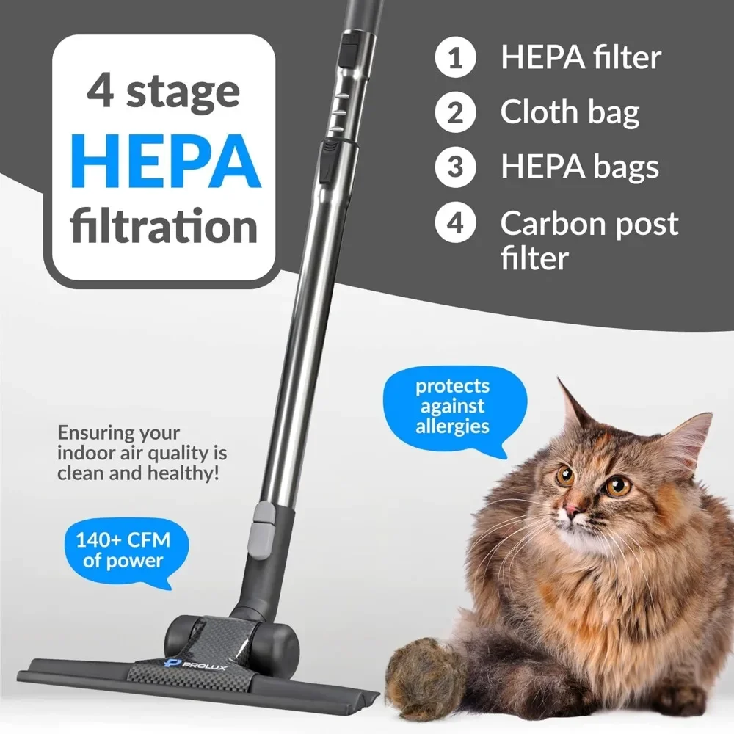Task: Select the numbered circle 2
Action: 456,113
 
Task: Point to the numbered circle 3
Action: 456,167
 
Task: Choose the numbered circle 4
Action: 456,222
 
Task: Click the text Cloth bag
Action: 570,113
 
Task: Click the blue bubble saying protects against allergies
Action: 452,406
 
